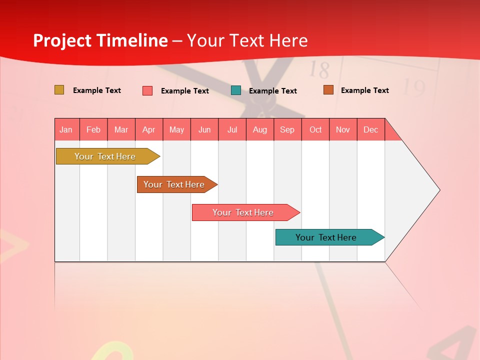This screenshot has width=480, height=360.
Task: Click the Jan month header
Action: tap(66, 129)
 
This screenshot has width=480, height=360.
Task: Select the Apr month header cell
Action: tap(149, 129)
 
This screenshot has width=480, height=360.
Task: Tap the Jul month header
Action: tap(232, 129)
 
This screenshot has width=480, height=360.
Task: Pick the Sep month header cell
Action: tap(287, 129)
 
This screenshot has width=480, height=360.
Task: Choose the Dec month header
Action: tap(371, 129)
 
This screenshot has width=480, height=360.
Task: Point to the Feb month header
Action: tap(93, 129)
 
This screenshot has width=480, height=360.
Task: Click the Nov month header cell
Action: tap(343, 129)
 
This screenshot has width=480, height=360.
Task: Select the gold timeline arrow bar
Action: tap(105, 156)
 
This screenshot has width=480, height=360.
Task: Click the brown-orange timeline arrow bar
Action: tap(174, 184)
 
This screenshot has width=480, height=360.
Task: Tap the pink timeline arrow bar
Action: tap(243, 212)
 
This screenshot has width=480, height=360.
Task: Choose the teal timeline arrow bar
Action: tap(326, 237)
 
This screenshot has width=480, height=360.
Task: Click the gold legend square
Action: tap(59, 90)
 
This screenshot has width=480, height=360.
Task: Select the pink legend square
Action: tap(147, 90)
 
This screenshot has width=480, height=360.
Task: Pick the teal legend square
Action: tap(236, 90)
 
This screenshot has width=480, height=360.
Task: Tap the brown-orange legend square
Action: tap(328, 90)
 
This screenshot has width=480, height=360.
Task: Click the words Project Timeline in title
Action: tap(100, 40)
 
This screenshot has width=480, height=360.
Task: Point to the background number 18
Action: tap(319, 70)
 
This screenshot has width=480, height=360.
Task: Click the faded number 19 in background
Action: tap(413, 88)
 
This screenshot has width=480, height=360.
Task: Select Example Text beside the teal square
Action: tap(273, 91)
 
